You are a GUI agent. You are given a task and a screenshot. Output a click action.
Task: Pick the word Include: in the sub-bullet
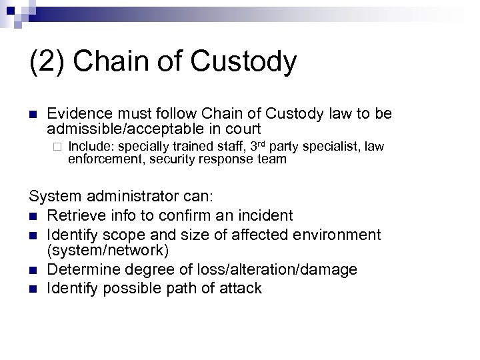(x=91, y=146)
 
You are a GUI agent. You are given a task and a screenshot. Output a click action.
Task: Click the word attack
(x=239, y=288)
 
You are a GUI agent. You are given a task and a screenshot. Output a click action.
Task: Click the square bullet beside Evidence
(x=33, y=114)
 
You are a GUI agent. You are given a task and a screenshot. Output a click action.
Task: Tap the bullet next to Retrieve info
(x=33, y=215)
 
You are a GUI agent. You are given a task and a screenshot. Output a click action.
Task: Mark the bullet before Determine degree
(x=33, y=270)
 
